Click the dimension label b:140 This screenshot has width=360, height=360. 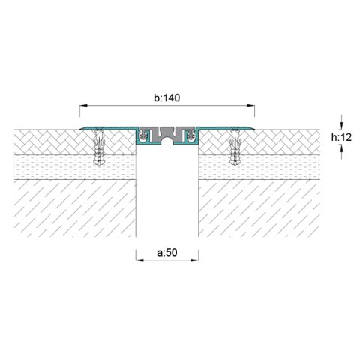[166, 97]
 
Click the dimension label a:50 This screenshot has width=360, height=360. [167, 253]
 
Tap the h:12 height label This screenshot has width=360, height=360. [341, 137]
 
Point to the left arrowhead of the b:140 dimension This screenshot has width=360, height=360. [83, 106]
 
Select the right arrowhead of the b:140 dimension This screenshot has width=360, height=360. [250, 106]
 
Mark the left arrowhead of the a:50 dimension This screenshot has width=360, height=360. [140, 260]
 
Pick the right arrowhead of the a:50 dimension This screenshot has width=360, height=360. [195, 260]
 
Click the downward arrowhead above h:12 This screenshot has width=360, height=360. [342, 125]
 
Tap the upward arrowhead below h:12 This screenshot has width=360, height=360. [342, 149]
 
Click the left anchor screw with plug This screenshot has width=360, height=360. [99, 147]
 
